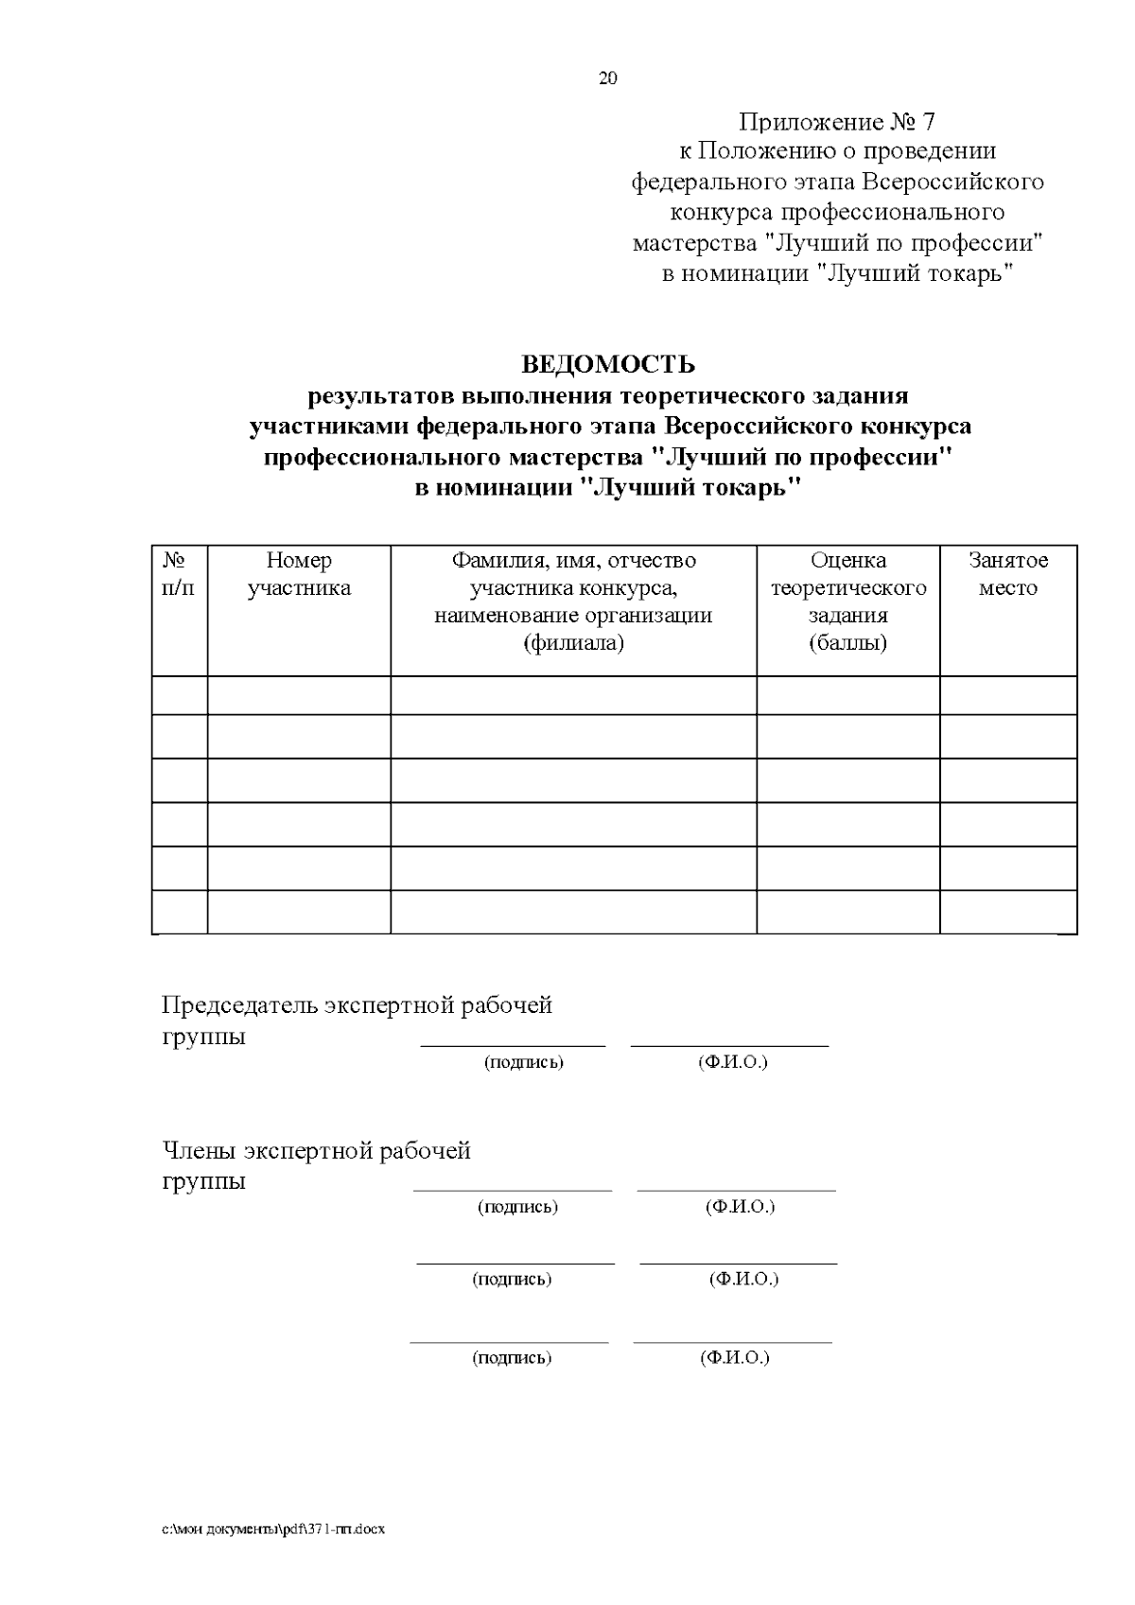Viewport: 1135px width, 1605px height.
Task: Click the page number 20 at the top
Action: pos(607,79)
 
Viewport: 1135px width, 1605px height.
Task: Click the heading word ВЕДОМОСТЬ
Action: pos(608,364)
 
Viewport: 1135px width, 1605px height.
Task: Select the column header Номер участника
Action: pos(299,574)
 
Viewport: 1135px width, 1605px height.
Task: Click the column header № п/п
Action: pos(179,574)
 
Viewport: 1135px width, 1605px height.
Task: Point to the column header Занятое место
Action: pos(1007,574)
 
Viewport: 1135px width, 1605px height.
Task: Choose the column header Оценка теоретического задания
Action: pos(847,602)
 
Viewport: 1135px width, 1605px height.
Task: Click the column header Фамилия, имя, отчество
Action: pos(573,561)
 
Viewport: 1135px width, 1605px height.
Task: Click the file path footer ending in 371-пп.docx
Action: pos(272,1529)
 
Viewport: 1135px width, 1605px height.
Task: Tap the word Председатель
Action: pos(239,1005)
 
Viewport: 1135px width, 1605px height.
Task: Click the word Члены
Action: pos(199,1151)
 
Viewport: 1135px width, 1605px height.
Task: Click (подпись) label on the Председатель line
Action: pos(523,1062)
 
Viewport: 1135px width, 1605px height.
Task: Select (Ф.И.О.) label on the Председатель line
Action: pos(732,1062)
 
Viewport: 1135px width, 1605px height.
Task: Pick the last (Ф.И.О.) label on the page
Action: pos(734,1358)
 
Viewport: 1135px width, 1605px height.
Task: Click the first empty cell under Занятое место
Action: pos(1007,695)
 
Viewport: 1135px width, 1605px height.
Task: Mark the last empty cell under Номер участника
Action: pos(299,912)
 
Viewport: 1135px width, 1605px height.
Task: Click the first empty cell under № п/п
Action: pos(179,695)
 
